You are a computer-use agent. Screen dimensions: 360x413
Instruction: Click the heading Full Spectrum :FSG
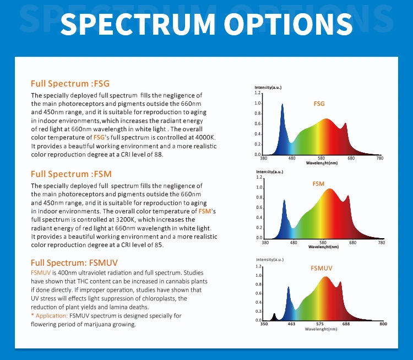click(x=70, y=84)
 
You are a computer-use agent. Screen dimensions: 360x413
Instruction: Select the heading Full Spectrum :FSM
click(x=71, y=174)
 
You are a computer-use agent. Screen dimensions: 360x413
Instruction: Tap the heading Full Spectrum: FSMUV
click(x=74, y=263)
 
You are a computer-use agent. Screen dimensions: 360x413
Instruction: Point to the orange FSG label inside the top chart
click(x=319, y=104)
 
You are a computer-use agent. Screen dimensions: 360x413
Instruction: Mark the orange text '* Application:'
click(x=49, y=316)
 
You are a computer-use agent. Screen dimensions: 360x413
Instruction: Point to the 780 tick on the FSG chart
click(x=379, y=159)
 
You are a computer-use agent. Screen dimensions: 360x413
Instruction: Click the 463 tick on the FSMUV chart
click(x=291, y=324)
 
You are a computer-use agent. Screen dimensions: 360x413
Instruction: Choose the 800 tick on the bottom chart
click(x=383, y=324)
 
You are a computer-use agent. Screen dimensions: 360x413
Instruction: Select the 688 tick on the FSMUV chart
click(x=346, y=324)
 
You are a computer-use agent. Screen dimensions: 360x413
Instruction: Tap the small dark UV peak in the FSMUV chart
click(x=274, y=316)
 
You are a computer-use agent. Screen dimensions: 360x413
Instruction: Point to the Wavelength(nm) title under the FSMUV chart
click(x=323, y=329)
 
